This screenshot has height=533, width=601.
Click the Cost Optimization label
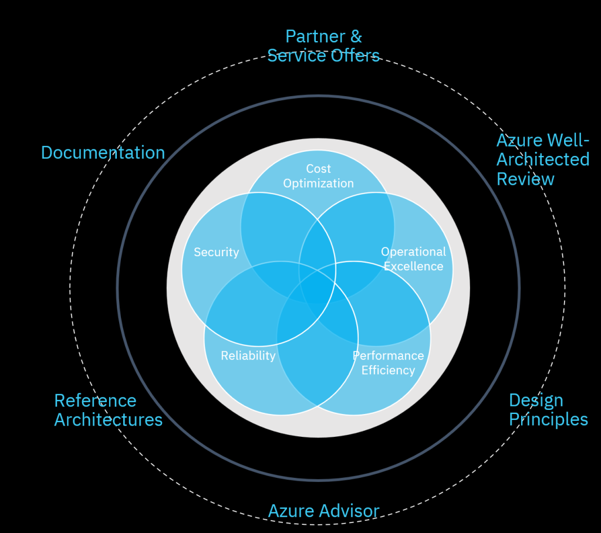[318, 176]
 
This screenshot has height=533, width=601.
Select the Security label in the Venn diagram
[217, 252]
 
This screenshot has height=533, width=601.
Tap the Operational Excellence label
[413, 259]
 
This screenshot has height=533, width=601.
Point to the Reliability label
[248, 355]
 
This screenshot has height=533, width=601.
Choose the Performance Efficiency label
[388, 362]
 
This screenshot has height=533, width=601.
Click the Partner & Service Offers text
[323, 46]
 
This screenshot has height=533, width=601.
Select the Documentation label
[103, 152]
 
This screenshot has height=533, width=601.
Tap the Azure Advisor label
[323, 511]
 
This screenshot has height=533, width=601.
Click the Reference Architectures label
[108, 410]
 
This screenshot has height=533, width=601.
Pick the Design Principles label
[548, 410]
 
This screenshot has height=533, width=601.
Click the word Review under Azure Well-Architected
[525, 179]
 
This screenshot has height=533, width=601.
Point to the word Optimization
[318, 184]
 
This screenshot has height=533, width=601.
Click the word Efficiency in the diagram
[388, 370]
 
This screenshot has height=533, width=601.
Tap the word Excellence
[413, 266]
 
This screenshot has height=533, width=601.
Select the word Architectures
[108, 420]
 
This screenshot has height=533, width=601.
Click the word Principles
[548, 420]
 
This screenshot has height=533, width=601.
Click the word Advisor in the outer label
[349, 511]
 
